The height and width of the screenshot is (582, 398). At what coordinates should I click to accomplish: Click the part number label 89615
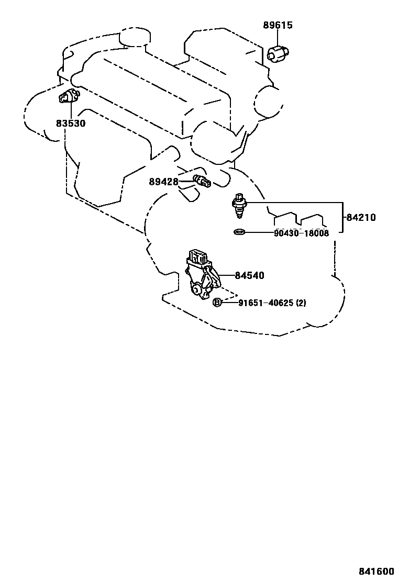coord(278,25)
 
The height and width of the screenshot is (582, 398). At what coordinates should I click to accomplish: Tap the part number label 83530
coord(71,124)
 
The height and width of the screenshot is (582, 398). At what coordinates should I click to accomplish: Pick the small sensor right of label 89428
coord(201,181)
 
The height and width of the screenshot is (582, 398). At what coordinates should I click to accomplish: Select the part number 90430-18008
coord(301,233)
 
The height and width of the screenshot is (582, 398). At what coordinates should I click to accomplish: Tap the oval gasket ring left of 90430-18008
coord(239,232)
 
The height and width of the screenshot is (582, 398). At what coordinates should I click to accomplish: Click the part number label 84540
coord(249,275)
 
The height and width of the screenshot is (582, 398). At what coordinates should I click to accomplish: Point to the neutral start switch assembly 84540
coord(202,277)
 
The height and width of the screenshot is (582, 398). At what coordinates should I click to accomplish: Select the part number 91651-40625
coord(266,303)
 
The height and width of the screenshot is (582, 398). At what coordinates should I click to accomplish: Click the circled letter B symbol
coord(217,303)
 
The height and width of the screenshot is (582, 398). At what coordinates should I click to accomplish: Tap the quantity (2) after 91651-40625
coord(301,303)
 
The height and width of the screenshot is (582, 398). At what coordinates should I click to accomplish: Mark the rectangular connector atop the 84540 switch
coord(198,256)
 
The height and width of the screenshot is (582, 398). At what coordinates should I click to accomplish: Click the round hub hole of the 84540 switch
coord(196,289)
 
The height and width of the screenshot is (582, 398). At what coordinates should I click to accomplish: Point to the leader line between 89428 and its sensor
coord(186,182)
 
